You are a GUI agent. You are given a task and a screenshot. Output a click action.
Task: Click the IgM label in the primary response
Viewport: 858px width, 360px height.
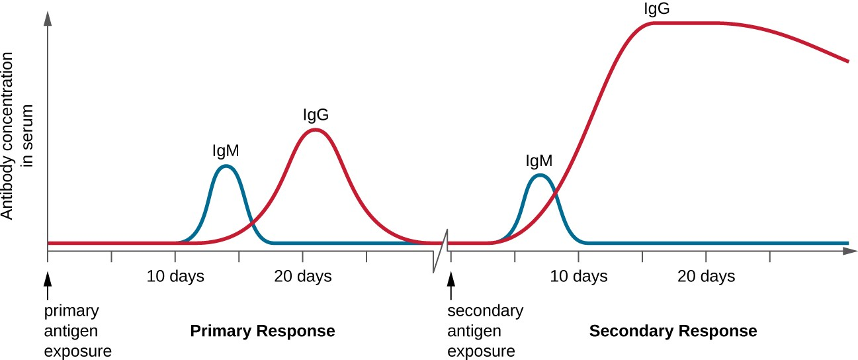(226, 151)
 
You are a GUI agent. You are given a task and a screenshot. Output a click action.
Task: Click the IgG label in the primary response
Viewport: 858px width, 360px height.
(316, 114)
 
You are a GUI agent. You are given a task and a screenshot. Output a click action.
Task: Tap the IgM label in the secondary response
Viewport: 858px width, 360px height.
(538, 160)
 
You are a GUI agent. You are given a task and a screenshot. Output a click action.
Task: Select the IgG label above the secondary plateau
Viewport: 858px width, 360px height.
(657, 9)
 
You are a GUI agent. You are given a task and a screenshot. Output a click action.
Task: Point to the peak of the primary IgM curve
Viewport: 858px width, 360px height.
(226, 166)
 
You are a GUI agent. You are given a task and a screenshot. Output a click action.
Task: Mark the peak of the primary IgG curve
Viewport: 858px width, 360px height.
(315, 129)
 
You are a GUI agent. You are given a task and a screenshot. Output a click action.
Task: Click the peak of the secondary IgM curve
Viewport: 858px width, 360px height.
(540, 175)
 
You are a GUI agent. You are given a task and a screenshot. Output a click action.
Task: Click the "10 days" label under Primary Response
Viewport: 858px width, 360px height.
(175, 276)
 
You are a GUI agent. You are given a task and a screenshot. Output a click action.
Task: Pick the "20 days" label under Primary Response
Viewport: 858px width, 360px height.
(302, 276)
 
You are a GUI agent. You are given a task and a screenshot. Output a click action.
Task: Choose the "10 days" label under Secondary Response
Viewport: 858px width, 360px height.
(579, 276)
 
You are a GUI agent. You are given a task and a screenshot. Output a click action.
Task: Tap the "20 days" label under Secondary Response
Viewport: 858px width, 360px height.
(706, 276)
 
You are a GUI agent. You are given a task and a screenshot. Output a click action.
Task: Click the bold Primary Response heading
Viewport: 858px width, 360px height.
(263, 330)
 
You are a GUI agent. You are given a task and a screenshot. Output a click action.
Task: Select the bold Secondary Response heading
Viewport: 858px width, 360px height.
(673, 330)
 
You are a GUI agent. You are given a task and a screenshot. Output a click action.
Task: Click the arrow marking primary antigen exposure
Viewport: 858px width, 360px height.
(48, 284)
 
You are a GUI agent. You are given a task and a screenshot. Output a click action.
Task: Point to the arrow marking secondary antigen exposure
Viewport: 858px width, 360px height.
(451, 284)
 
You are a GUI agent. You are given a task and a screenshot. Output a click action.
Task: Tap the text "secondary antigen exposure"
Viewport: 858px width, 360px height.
(485, 330)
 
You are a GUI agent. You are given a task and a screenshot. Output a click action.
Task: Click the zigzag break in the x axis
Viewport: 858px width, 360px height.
(441, 251)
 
